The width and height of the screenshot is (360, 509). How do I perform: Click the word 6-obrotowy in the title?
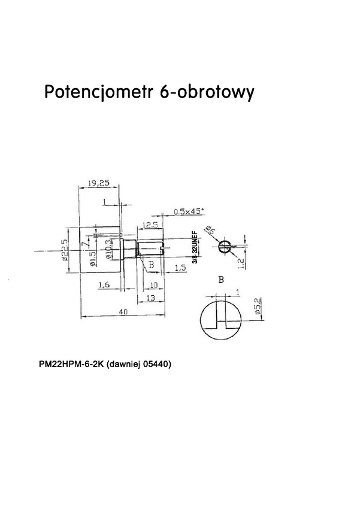click(x=207, y=93)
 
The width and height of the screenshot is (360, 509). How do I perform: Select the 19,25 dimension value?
click(x=98, y=183)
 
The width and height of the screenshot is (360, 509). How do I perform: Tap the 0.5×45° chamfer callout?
click(x=188, y=211)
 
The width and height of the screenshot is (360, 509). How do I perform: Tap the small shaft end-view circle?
click(x=224, y=246)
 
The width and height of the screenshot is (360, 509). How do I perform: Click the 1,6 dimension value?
click(x=104, y=285)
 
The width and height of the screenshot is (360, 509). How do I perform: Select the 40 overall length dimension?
click(x=123, y=312)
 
